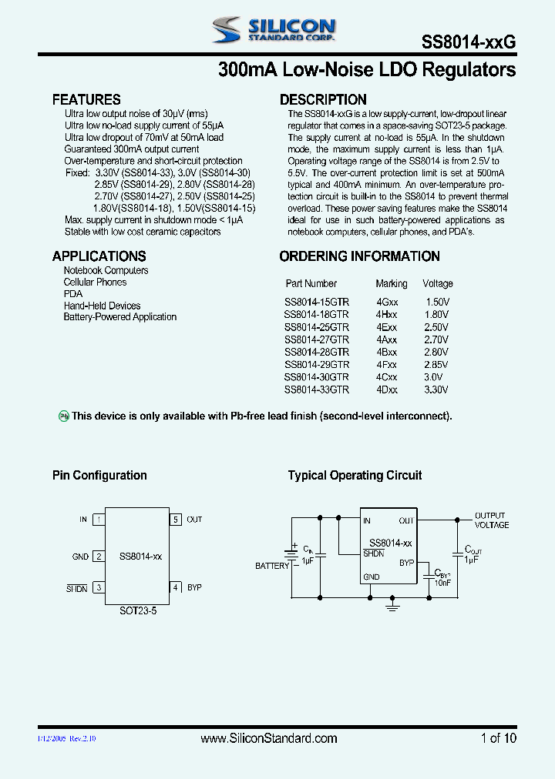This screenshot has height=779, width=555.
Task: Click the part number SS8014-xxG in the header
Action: [469, 43]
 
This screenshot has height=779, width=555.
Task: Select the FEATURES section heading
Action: [86, 99]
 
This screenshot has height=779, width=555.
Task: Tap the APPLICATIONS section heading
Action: [99, 256]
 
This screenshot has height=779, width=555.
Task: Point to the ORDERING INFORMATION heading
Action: [359, 256]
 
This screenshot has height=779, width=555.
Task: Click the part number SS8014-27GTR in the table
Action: [316, 339]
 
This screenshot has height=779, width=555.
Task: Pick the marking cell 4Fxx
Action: [387, 364]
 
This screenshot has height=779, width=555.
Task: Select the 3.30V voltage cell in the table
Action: [436, 389]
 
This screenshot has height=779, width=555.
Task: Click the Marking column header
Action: [392, 283]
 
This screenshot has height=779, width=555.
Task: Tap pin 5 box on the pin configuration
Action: [176, 520]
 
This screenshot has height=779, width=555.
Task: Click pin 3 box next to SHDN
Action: [99, 587]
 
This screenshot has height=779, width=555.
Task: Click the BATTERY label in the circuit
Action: [272, 566]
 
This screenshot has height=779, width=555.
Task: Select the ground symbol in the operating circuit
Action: [392, 607]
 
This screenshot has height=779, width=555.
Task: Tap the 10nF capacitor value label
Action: [442, 583]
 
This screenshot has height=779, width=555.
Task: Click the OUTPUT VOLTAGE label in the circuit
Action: [491, 520]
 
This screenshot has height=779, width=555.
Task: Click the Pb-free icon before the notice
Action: [65, 416]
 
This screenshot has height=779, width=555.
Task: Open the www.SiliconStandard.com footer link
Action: [268, 738]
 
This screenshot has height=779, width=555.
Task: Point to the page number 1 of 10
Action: [498, 738]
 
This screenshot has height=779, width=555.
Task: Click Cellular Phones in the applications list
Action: [95, 283]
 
